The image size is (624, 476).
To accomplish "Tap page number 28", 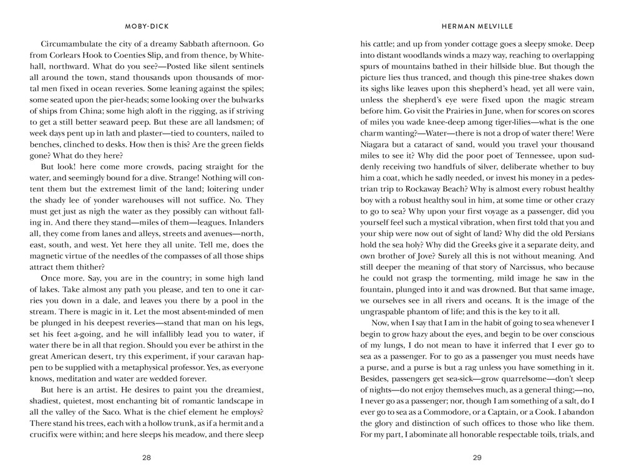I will pyautogui.click(x=146, y=457).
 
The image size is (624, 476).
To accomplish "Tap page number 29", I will pyautogui.click(x=477, y=457).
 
